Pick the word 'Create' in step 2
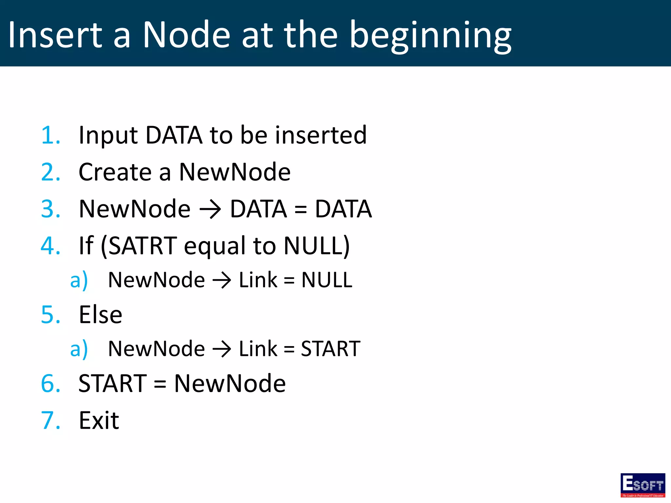tap(115, 172)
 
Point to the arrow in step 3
tap(210, 210)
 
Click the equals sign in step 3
tap(300, 210)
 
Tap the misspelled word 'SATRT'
tap(143, 246)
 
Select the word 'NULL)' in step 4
tap(316, 246)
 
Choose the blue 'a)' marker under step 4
tap(79, 280)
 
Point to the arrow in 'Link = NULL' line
tap(222, 281)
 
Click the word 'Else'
tap(101, 315)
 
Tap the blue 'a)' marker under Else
tap(79, 349)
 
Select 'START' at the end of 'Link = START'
tap(330, 349)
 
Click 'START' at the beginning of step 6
tap(113, 383)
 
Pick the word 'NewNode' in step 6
tap(230, 383)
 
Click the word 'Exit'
tap(99, 420)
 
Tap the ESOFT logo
tap(642, 485)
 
